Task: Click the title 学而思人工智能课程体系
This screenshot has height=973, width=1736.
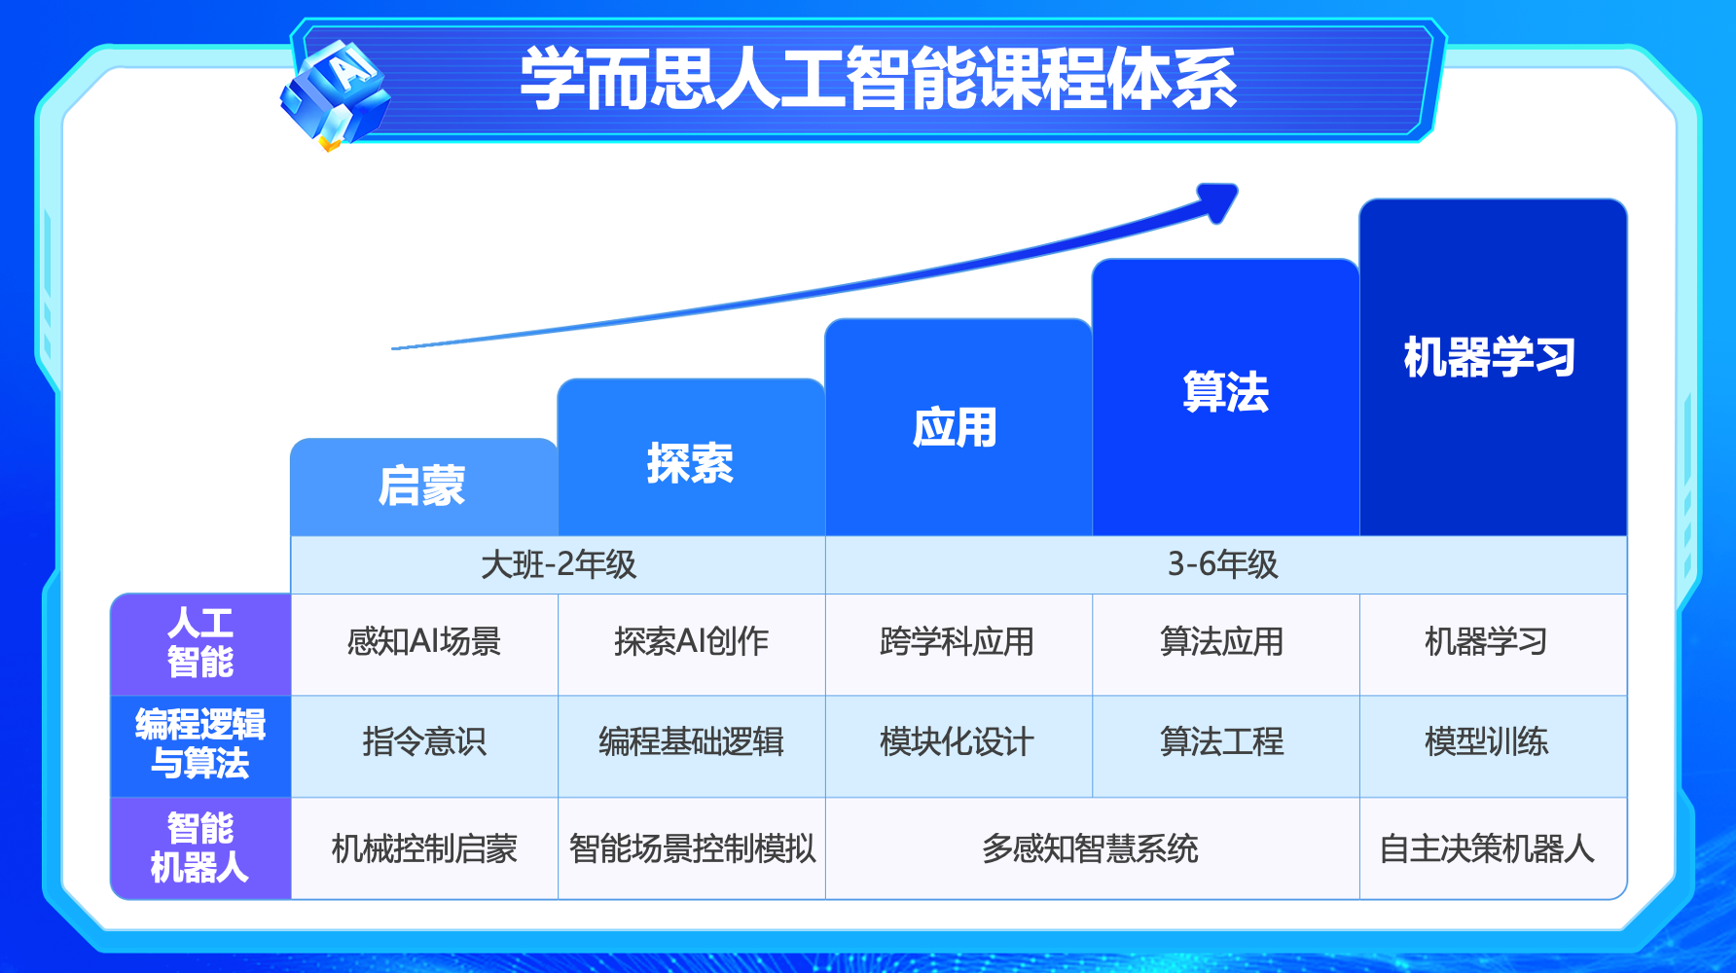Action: click(x=878, y=78)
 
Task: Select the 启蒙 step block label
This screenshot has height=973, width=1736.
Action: click(x=422, y=486)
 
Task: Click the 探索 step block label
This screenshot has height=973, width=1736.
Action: click(x=690, y=463)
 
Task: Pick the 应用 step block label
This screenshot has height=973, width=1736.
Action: click(x=956, y=427)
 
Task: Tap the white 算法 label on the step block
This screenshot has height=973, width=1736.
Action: click(x=1226, y=392)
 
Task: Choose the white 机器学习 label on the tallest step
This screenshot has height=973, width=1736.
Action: click(x=1490, y=357)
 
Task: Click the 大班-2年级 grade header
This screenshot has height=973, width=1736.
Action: click(x=559, y=564)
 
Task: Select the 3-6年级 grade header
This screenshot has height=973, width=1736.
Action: click(x=1223, y=564)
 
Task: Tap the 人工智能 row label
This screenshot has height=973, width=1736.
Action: click(x=200, y=642)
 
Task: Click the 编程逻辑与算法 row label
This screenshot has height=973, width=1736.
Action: click(x=200, y=743)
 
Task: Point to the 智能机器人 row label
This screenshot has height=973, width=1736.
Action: click(x=200, y=847)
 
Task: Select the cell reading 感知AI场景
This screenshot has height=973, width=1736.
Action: click(x=424, y=642)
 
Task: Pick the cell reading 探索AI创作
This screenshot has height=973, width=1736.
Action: click(x=692, y=642)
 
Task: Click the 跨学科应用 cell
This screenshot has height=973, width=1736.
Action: click(x=958, y=642)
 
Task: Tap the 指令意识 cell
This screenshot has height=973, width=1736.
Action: click(x=424, y=742)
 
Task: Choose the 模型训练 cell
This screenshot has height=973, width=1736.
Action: click(x=1487, y=742)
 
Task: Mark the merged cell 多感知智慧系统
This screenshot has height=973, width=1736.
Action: click(x=1090, y=848)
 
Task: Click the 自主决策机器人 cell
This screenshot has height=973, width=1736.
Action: click(x=1487, y=848)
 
